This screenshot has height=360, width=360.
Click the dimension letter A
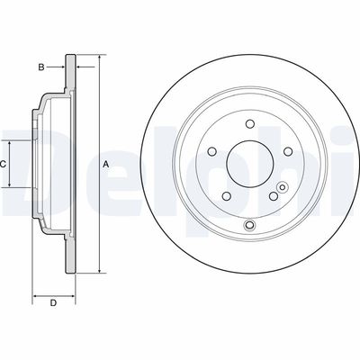click(x=105, y=164)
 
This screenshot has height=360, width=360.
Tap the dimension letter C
click(x=4, y=164)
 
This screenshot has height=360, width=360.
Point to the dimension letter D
click(x=53, y=302)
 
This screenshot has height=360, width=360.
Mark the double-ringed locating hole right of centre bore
click(x=283, y=188)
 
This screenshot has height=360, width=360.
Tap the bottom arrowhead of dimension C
click(x=13, y=185)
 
